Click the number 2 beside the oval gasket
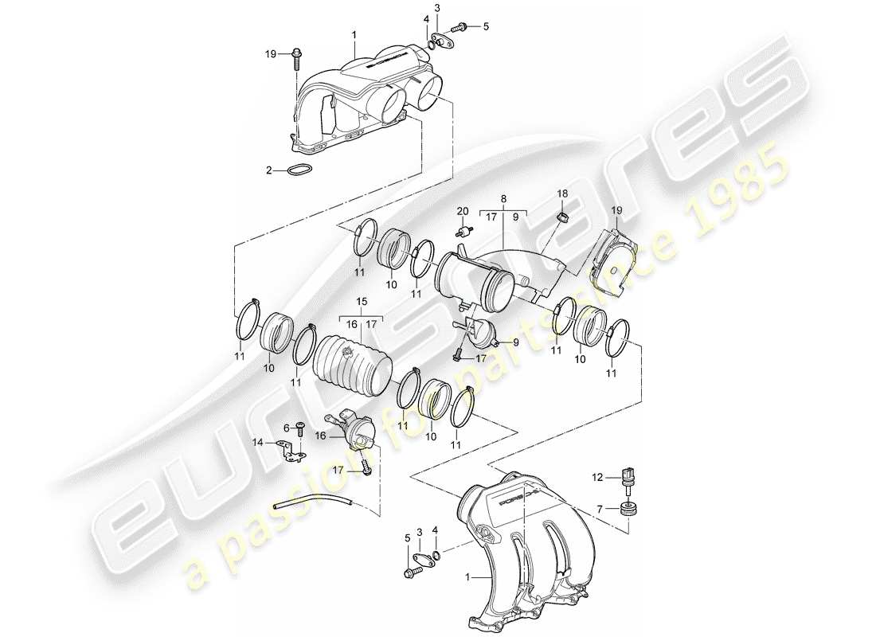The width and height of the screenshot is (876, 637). coord(269,170)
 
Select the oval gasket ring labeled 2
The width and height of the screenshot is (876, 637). coord(299,170)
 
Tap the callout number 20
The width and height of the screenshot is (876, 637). coord(461,211)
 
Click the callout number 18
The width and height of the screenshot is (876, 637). coord(561,194)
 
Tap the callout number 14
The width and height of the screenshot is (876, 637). coord(258,442)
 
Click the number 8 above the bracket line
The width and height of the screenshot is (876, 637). coord(503,197)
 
